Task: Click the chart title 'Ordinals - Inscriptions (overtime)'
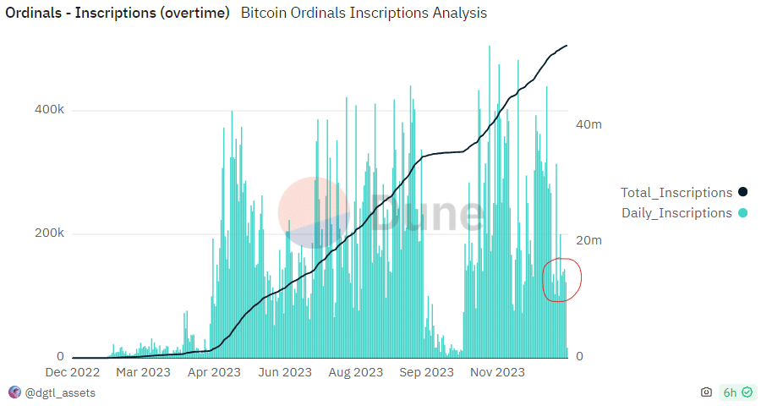(x=118, y=14)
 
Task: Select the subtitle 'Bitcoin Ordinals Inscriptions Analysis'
(x=364, y=14)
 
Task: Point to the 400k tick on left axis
(x=48, y=110)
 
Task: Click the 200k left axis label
(x=48, y=233)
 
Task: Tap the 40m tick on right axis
(x=589, y=124)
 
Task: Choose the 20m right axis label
(x=589, y=241)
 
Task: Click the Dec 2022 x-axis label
(x=73, y=372)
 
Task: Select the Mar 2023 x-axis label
(x=143, y=372)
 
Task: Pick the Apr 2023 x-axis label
(x=214, y=372)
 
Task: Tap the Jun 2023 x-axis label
(x=285, y=372)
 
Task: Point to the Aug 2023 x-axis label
(x=356, y=372)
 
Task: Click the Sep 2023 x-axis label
(x=426, y=372)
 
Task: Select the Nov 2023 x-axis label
(x=497, y=372)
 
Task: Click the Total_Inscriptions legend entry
(x=676, y=193)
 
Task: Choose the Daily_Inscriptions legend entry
(x=676, y=213)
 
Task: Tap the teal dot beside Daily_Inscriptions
(x=743, y=213)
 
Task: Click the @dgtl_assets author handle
(x=60, y=392)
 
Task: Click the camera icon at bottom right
(x=706, y=392)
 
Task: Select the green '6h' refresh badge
(x=735, y=392)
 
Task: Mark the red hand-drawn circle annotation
(x=561, y=279)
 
